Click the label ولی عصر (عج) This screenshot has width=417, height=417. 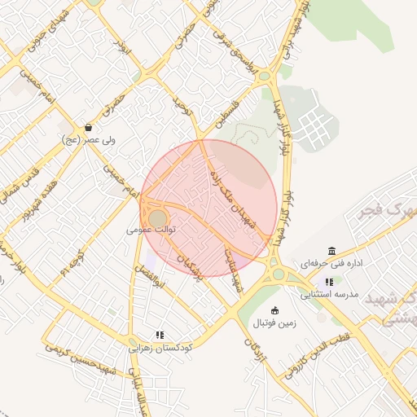pos(89,140)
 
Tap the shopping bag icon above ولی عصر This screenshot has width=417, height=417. pos(88,127)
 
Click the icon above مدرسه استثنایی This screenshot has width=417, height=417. pos(329,283)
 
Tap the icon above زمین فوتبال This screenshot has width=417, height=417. pos(274,310)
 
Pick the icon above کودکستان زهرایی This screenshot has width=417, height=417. pos(160,335)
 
